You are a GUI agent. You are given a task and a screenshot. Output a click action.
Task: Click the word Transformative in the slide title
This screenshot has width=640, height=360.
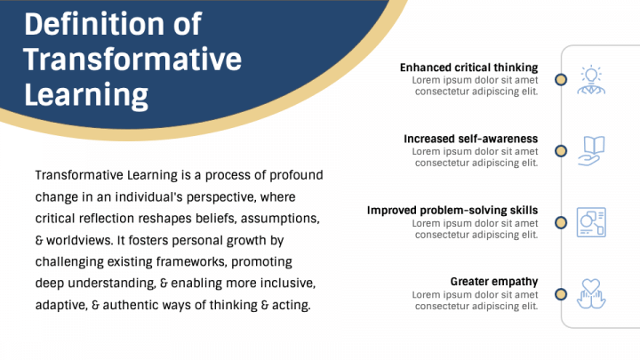[132, 59]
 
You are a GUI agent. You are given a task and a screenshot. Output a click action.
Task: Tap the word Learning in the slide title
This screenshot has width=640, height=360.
[85, 93]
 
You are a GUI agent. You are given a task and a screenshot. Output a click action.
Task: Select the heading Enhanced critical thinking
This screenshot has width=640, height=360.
[468, 68]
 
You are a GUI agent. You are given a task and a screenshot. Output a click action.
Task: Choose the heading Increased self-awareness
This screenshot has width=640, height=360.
[470, 139]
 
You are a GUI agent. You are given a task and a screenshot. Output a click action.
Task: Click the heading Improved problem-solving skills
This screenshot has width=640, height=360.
[452, 211]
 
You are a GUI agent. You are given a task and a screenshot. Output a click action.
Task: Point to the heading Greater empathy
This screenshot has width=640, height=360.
[493, 282]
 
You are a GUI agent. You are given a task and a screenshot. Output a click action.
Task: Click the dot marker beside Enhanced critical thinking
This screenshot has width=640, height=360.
[561, 79]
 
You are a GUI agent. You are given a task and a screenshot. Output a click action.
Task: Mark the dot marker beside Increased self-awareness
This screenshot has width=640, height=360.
[561, 151]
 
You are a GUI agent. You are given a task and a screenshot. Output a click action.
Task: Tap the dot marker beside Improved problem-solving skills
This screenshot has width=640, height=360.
[561, 222]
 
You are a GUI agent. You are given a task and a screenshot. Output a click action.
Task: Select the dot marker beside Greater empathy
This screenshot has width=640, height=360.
[561, 294]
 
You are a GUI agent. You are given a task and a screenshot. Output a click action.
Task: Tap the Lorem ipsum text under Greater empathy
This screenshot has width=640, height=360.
[476, 300]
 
